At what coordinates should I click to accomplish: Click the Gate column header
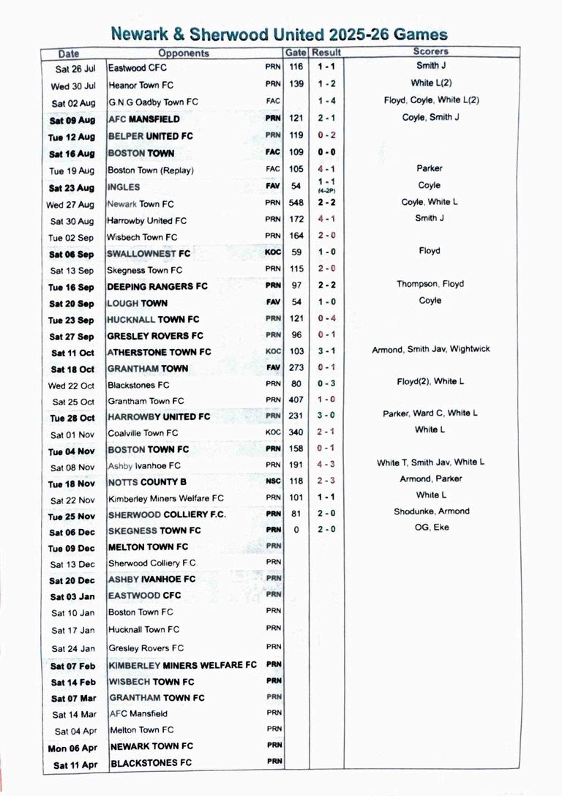coord(296,53)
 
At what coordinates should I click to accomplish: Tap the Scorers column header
coord(431,52)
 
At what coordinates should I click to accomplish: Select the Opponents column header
coord(184,53)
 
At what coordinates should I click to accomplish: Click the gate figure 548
coord(296,203)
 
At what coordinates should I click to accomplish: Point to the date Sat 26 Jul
coord(72,68)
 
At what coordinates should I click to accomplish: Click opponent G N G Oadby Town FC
coord(153,102)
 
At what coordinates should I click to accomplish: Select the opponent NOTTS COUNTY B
coord(147,482)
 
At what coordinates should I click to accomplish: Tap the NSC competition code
coord(273,482)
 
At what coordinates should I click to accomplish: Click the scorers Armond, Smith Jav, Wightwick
coord(431,350)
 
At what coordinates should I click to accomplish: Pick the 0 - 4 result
coord(326,319)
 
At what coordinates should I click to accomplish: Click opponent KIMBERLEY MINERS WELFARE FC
coord(183,665)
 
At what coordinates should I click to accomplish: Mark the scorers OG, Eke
coord(431,527)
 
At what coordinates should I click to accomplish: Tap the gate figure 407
coord(296,400)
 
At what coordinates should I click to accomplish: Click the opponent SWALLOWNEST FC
coord(149,253)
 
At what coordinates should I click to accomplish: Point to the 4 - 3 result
coord(326,465)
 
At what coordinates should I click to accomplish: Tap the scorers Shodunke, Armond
coord(431,511)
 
